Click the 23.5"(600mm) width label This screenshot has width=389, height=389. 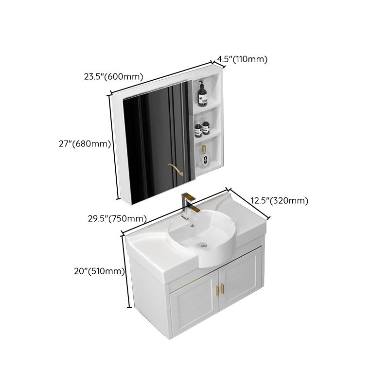coord(113,77)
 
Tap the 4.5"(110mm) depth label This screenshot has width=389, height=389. coord(242,60)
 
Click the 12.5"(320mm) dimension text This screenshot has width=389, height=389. coord(279,200)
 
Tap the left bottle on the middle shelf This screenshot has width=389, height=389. coord(198,129)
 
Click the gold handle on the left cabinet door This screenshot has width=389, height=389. coord(216,290)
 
